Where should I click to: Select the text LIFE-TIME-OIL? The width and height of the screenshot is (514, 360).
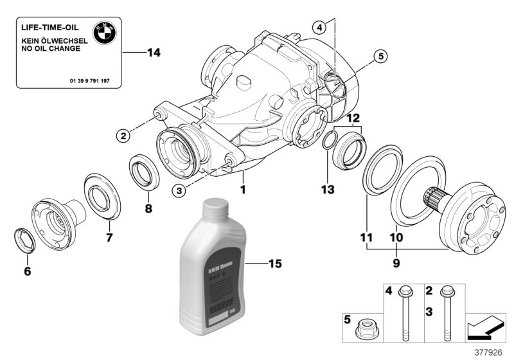click(x=48, y=28)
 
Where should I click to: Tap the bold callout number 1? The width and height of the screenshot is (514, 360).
click(x=243, y=190)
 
